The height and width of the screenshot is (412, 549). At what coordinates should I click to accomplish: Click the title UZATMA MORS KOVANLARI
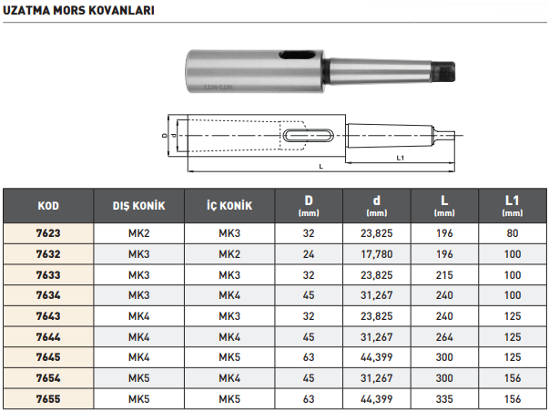78,12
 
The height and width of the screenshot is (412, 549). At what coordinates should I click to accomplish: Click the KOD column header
48,206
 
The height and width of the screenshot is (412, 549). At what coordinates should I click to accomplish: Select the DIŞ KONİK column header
138,206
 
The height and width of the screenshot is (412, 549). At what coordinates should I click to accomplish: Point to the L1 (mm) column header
512,206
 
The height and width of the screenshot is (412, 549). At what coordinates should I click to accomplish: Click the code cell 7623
48,233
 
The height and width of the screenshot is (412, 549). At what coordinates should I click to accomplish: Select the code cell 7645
48,358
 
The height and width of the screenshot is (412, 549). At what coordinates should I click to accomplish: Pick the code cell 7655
48,399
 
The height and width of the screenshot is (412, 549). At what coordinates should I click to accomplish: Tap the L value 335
443,399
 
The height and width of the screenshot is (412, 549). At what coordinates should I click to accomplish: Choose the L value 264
443,337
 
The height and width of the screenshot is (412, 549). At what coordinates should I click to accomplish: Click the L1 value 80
512,233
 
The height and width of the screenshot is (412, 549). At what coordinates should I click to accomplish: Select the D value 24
309,254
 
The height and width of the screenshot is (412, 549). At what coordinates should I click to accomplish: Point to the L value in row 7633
443,275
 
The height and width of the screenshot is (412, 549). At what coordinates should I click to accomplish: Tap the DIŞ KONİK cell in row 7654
138,379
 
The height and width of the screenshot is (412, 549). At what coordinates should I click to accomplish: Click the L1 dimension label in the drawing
401,158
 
